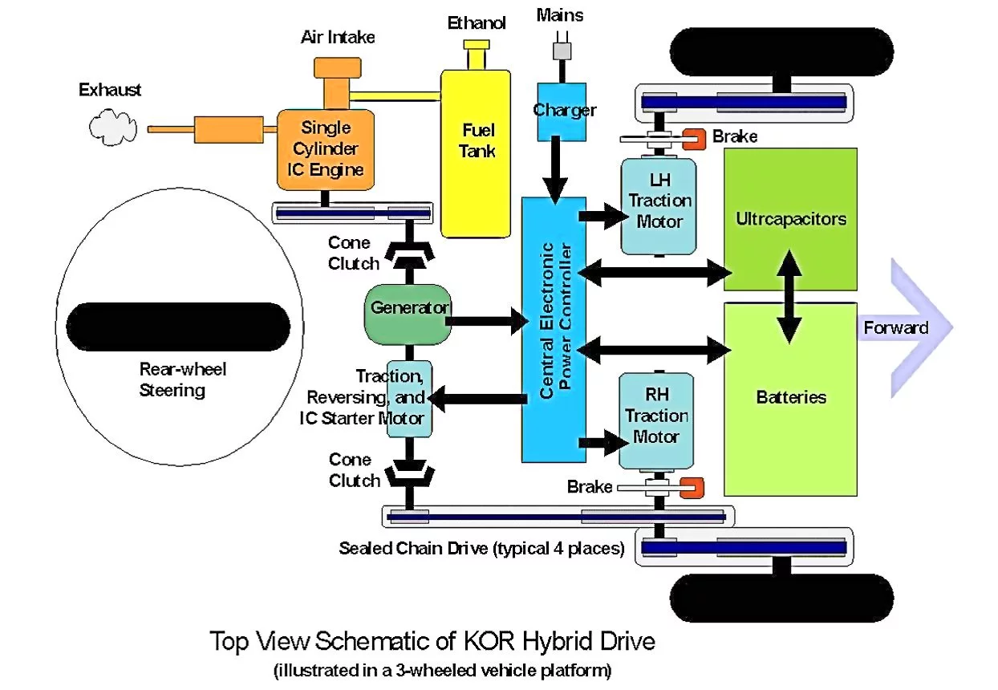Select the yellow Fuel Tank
(477, 152)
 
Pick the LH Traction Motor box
(659, 207)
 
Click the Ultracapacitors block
(790, 218)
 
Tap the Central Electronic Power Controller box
(554, 329)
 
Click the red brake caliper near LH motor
(692, 138)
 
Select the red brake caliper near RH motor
(691, 487)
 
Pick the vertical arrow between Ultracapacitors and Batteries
(790, 297)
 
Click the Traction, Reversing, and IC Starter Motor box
(409, 398)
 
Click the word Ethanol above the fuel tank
(477, 23)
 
